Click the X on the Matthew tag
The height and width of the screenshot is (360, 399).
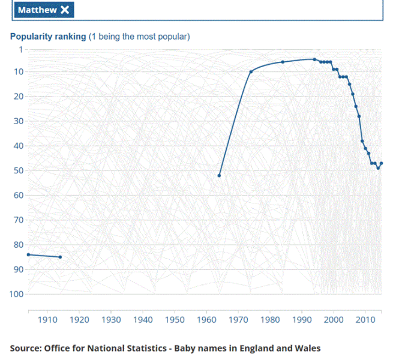click(65, 10)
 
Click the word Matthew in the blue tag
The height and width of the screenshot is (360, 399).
click(37, 10)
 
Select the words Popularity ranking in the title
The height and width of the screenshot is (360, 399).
click(48, 37)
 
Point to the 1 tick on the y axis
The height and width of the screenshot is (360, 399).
click(21, 49)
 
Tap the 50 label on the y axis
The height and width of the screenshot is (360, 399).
click(19, 170)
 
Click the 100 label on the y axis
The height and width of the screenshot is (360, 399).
click(17, 294)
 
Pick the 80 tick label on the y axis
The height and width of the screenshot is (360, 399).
click(19, 245)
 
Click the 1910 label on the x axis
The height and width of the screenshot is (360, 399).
click(47, 320)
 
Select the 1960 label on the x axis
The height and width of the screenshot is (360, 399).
click(206, 320)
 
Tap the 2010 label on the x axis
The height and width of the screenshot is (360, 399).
click(365, 320)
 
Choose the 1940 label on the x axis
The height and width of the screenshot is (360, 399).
click(143, 320)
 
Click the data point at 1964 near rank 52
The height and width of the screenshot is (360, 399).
click(219, 176)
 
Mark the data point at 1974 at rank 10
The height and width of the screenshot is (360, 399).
click(251, 72)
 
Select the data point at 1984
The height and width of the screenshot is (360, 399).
click(283, 62)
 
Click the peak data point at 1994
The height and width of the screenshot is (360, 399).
click(314, 59)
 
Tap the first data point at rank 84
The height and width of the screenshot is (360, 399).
click(28, 254)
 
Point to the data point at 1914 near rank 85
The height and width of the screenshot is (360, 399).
click(60, 257)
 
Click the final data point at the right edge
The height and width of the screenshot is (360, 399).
click(381, 163)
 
